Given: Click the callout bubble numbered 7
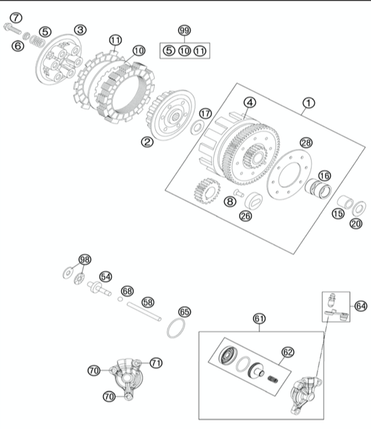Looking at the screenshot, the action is click(x=16, y=18).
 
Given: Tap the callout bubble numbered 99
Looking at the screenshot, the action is click(x=184, y=30).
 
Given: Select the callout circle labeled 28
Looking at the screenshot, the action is click(x=306, y=143).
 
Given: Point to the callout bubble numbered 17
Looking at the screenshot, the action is click(x=205, y=114).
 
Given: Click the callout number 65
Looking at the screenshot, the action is click(x=185, y=311).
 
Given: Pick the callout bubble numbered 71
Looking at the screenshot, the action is click(x=156, y=363).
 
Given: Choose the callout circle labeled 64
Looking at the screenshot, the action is click(x=360, y=306).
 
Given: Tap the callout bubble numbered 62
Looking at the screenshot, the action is click(x=288, y=352).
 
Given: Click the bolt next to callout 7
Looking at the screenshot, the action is click(x=13, y=28).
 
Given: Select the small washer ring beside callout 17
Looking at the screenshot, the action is click(x=197, y=128).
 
